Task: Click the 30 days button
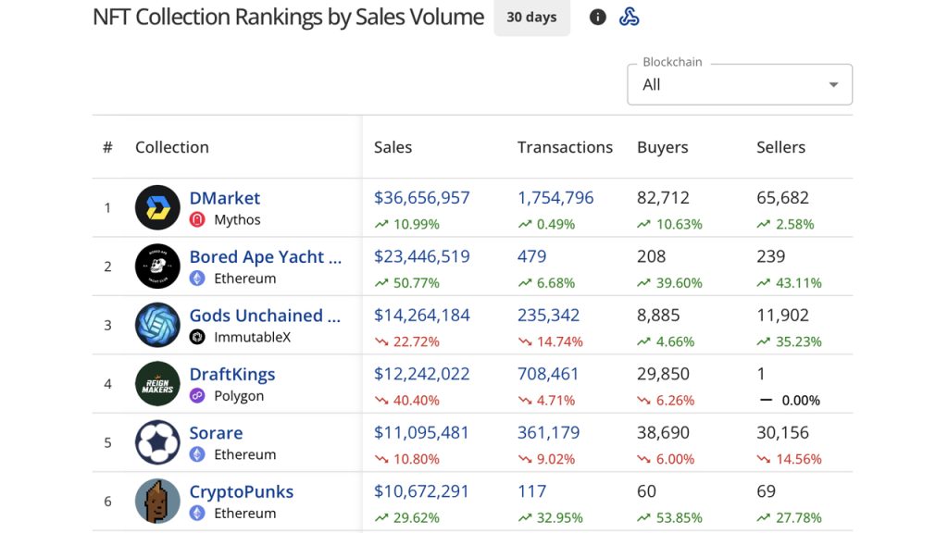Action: [531, 18]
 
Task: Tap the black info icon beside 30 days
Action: [598, 18]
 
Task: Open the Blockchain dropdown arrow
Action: [833, 85]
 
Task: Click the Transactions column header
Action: [565, 147]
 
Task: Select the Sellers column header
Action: [780, 147]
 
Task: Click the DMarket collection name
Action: [225, 198]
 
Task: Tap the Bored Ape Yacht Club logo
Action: [157, 266]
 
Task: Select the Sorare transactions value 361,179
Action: [548, 433]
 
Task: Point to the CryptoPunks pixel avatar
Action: [157, 502]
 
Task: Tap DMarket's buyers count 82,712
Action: [664, 198]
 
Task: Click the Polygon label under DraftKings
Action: [239, 396]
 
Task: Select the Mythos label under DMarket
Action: [237, 220]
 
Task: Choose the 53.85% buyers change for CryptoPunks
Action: [669, 518]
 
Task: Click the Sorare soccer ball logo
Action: [157, 442]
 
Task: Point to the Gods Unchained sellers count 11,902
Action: [782, 316]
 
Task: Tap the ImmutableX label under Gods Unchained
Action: [252, 338]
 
